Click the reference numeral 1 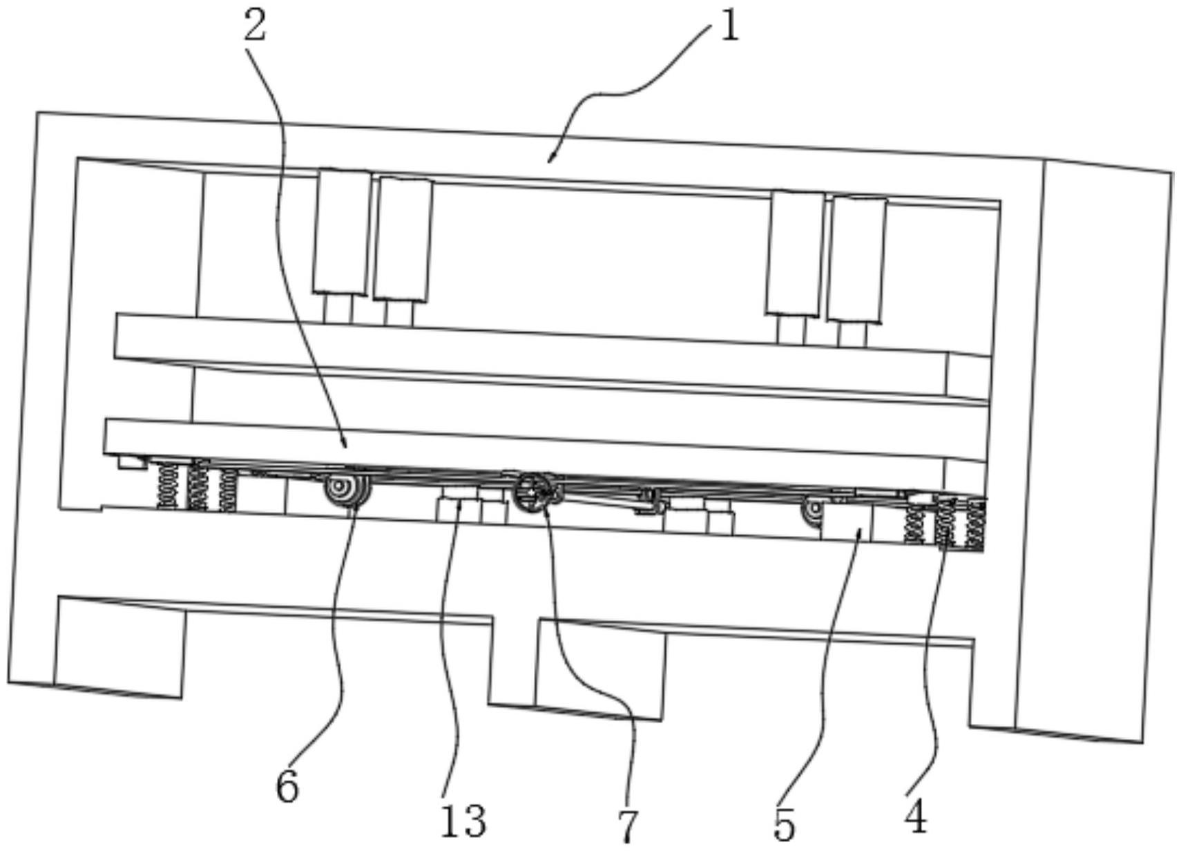point(730,26)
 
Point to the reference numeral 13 point(463,821)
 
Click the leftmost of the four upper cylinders point(342,232)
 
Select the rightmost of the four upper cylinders point(856,260)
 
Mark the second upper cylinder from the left point(403,240)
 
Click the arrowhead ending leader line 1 point(552,157)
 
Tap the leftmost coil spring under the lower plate point(169,486)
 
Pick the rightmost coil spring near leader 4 point(976,527)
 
